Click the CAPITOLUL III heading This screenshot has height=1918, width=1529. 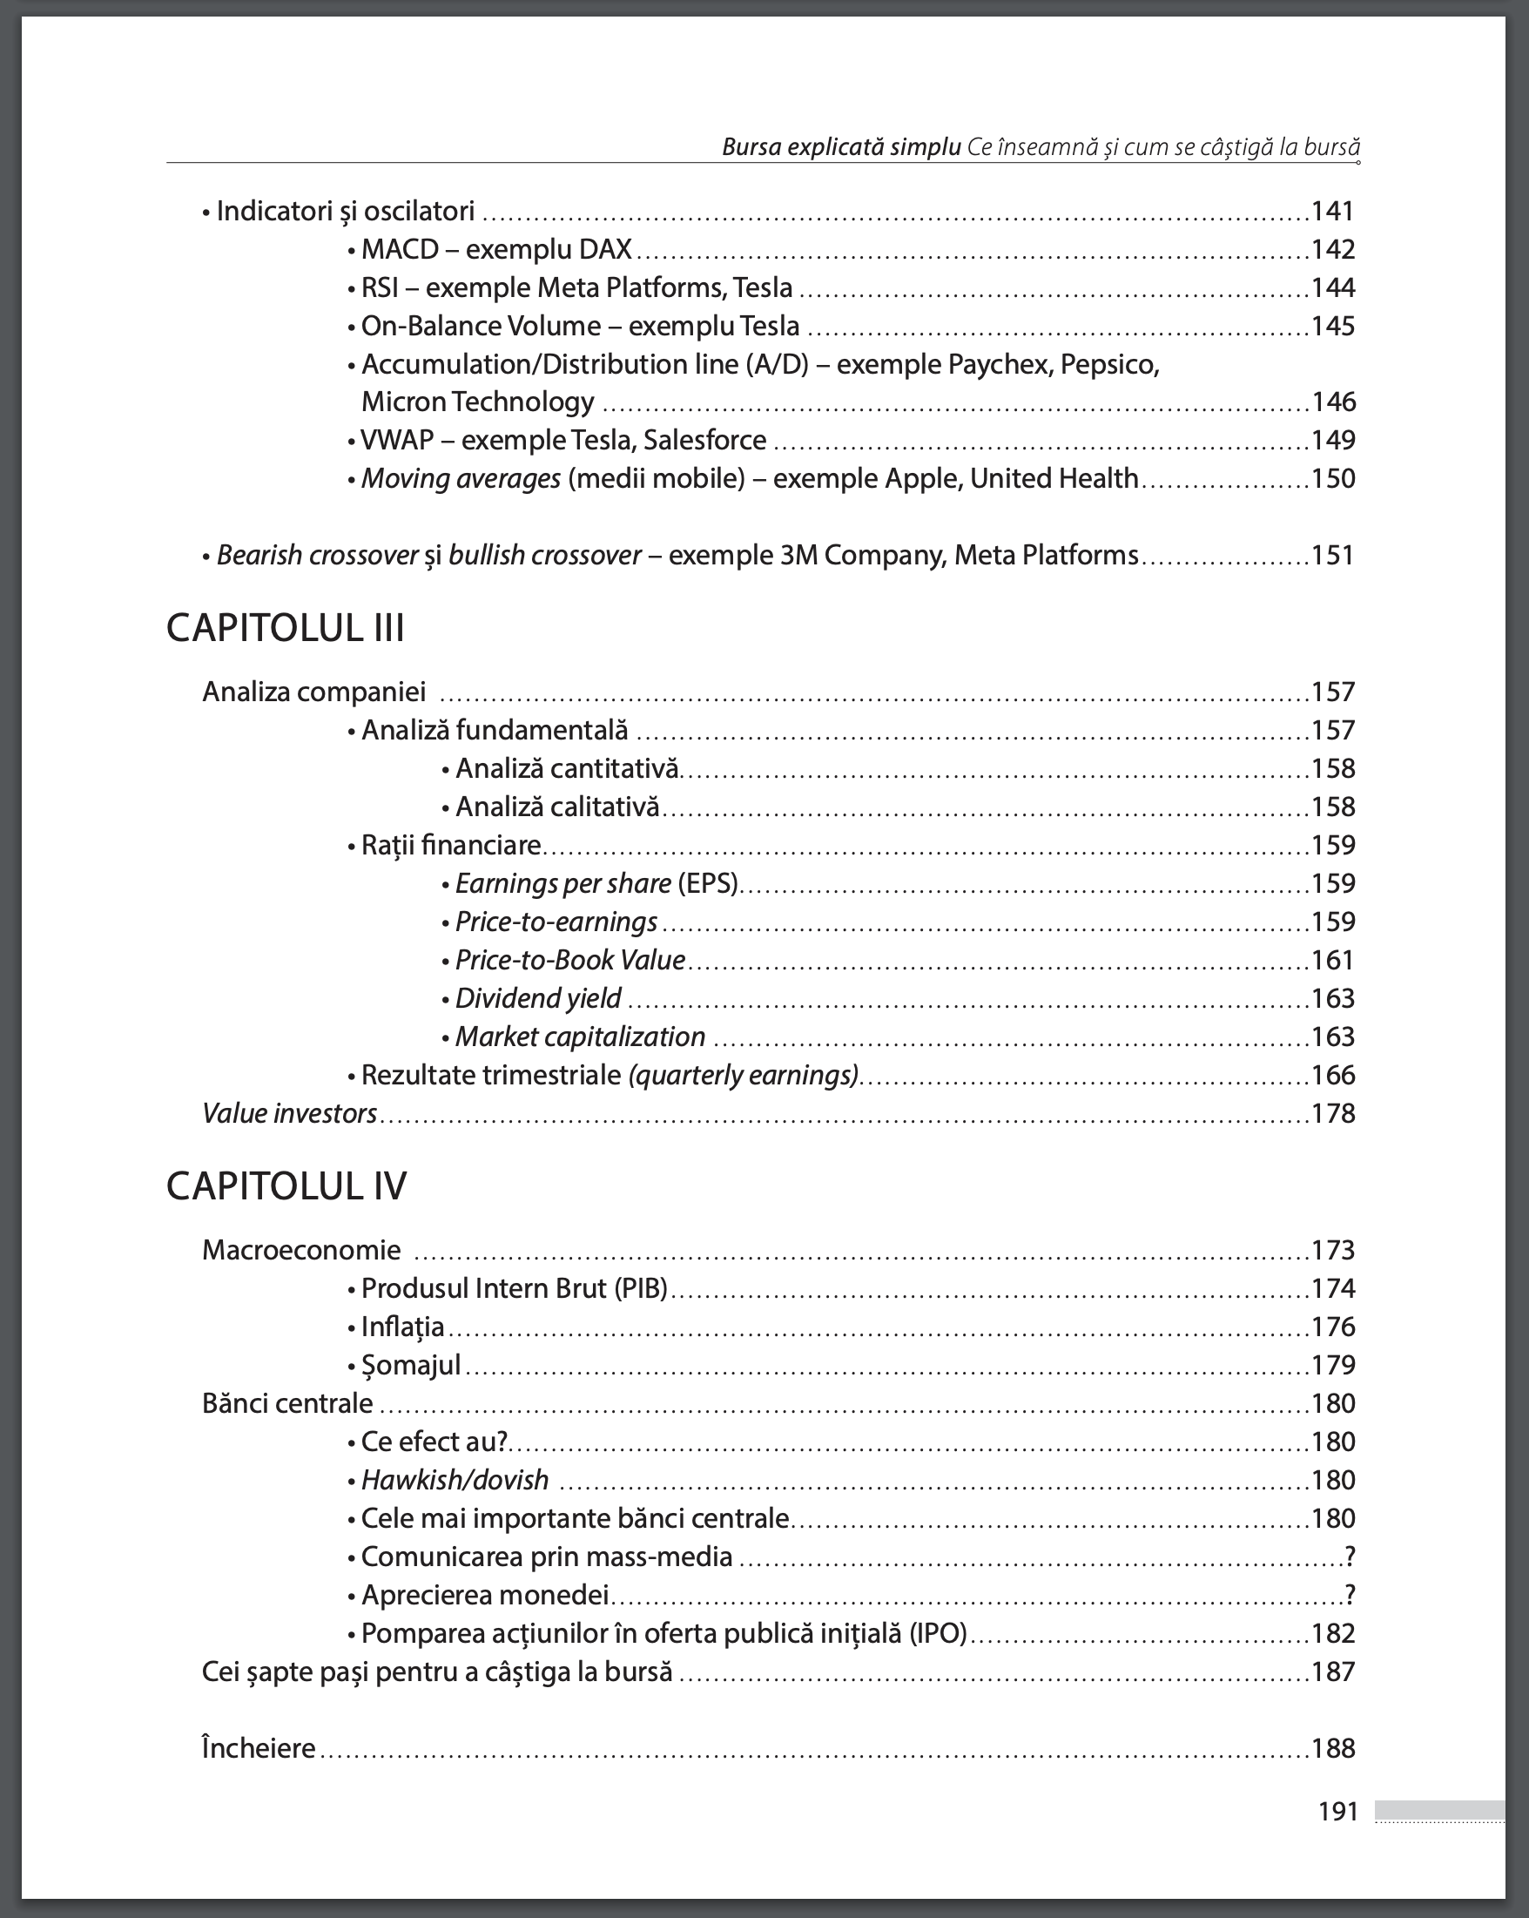(286, 628)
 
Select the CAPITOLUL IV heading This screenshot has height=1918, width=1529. (286, 1185)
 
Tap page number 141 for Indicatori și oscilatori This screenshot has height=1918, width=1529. (1332, 211)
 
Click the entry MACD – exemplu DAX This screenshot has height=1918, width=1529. (496, 249)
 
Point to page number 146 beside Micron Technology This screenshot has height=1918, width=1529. (1333, 402)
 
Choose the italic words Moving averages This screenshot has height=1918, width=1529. (461, 478)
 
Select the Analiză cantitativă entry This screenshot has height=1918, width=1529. (567, 768)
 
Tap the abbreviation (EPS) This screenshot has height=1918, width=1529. (708, 883)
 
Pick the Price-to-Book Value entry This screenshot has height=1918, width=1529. (570, 960)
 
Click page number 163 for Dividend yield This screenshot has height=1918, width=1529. (1332, 998)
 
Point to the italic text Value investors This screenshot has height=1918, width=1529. (290, 1113)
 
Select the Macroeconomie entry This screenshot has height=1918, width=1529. (301, 1250)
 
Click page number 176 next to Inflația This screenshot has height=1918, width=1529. (1332, 1327)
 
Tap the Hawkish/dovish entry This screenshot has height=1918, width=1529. (455, 1479)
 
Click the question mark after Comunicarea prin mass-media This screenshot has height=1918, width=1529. (1350, 1556)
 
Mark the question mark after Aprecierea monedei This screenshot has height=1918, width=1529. (1350, 1594)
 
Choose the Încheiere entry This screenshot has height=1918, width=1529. (259, 1748)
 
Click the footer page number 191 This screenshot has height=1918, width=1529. (1337, 1811)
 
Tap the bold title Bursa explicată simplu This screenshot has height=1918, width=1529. (840, 147)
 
